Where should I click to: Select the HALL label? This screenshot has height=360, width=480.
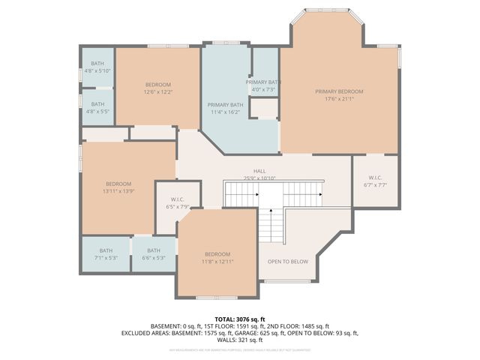pyautogui.click(x=259, y=170)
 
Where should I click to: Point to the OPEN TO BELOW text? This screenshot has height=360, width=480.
pyautogui.click(x=288, y=262)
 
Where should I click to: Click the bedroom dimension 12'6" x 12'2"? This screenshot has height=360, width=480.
pyautogui.click(x=157, y=92)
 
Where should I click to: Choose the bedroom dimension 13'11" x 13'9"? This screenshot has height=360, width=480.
pyautogui.click(x=118, y=192)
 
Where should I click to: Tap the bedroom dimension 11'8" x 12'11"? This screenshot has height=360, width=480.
pyautogui.click(x=217, y=262)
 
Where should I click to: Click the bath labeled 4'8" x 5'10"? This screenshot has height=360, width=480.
pyautogui.click(x=97, y=70)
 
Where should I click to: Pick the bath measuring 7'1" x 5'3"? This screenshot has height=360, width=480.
pyautogui.click(x=106, y=258)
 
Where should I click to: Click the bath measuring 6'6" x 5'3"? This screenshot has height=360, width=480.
pyautogui.click(x=154, y=258)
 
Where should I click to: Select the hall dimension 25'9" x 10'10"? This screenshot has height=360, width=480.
pyautogui.click(x=259, y=178)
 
